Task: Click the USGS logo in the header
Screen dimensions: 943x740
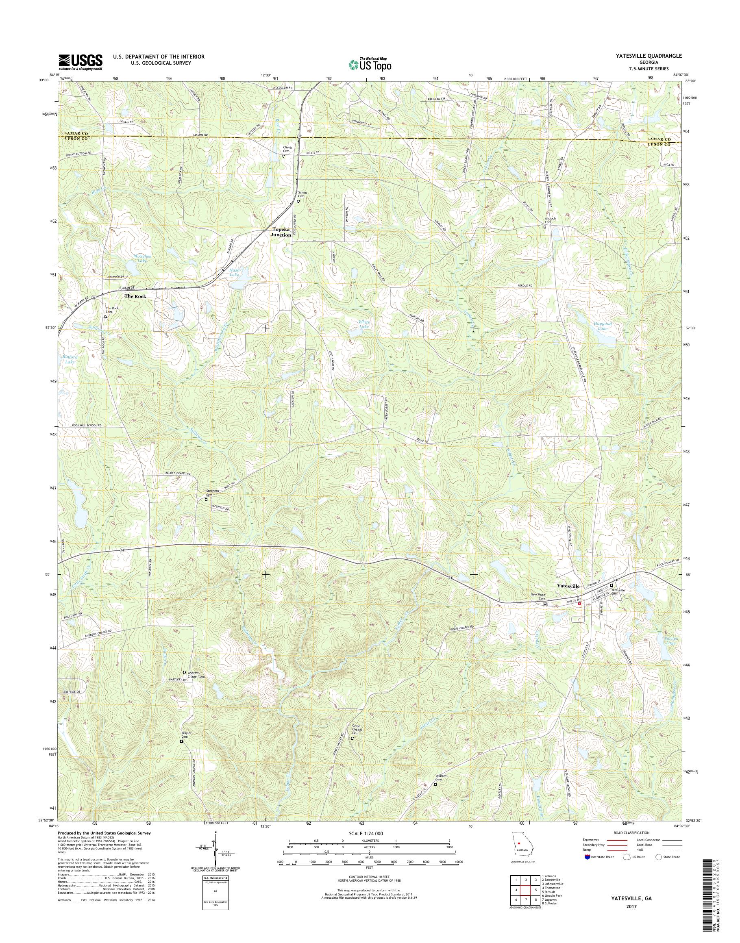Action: coord(81,62)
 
